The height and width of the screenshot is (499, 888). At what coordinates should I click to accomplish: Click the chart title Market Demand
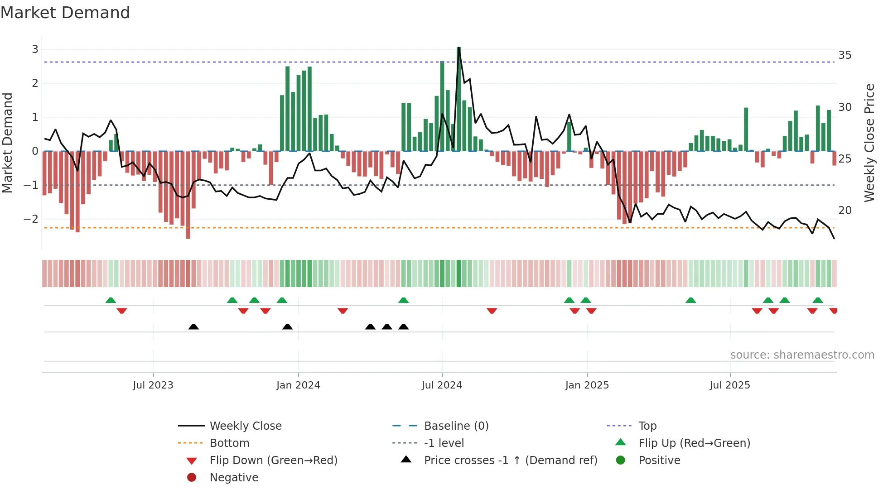tap(65, 12)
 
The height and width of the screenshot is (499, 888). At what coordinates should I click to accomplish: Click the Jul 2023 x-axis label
tap(153, 385)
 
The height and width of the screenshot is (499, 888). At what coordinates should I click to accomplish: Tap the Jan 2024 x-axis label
tap(298, 385)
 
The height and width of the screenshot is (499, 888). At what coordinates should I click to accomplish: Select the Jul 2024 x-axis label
tap(442, 385)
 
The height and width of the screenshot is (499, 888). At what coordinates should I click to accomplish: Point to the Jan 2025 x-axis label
tap(587, 385)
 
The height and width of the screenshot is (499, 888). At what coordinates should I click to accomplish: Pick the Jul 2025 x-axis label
tap(730, 385)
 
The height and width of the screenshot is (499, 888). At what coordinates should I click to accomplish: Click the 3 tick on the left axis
tap(35, 49)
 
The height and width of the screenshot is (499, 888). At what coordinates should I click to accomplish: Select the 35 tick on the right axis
tap(845, 55)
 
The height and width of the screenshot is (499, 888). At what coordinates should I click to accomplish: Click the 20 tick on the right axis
tap(845, 211)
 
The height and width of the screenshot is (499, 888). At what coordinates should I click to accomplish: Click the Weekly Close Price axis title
tap(869, 143)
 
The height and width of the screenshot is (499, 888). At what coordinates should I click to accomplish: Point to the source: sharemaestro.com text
tap(802, 355)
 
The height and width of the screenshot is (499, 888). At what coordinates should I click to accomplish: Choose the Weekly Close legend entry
tap(246, 426)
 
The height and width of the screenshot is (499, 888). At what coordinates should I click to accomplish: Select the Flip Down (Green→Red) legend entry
tap(273, 461)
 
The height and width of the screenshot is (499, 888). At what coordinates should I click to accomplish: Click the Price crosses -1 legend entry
tap(511, 461)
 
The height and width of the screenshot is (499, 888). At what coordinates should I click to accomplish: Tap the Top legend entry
tap(647, 426)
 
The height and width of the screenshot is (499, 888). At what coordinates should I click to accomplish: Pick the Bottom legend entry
tap(229, 443)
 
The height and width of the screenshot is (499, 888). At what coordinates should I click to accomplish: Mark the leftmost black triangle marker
tap(193, 326)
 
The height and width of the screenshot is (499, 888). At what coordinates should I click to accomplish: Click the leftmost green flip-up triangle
tap(111, 300)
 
